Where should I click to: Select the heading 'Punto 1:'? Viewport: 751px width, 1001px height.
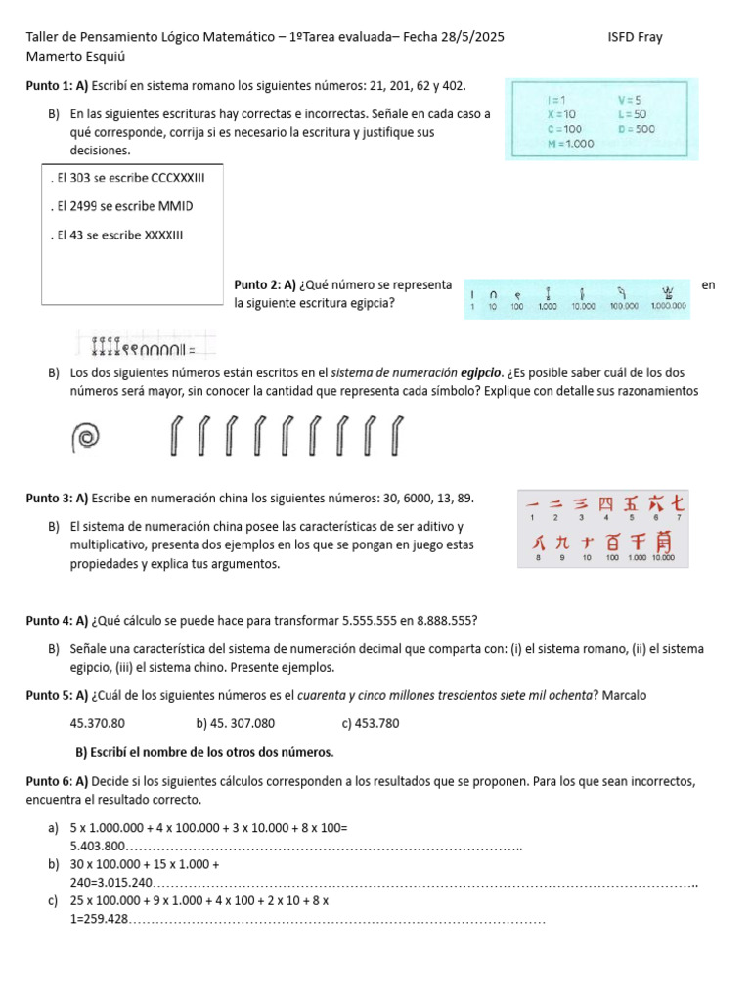(x=49, y=87)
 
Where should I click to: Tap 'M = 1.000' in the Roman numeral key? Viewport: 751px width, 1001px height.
(x=570, y=143)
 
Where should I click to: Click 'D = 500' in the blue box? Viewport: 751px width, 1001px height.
(x=637, y=128)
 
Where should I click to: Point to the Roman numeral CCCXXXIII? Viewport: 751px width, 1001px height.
(x=161, y=178)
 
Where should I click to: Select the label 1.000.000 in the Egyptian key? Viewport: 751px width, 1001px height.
(x=669, y=306)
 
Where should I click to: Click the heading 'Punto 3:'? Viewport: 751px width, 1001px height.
(x=49, y=499)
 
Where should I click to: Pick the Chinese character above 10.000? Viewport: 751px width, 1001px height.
(x=664, y=541)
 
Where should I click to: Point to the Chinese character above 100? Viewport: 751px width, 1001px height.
(x=612, y=541)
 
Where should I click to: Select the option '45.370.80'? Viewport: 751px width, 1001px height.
(x=98, y=723)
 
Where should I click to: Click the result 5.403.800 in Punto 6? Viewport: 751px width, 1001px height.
(x=98, y=846)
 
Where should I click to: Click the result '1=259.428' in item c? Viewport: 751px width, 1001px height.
(x=100, y=919)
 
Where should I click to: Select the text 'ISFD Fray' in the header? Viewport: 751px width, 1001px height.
(x=635, y=38)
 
